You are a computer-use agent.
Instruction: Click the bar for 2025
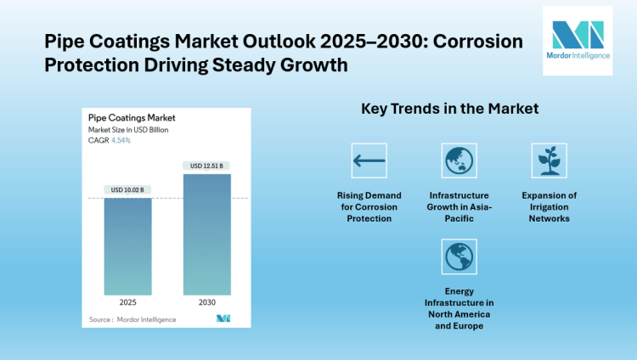point(128,245)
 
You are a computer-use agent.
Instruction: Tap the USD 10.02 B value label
point(128,189)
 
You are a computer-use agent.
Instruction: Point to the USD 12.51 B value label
point(206,166)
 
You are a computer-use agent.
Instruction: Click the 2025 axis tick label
point(128,302)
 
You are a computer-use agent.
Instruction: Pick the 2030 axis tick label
point(206,302)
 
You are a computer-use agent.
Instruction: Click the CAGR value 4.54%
point(120,140)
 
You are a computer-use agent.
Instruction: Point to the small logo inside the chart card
point(223,318)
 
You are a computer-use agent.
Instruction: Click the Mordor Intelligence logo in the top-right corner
point(578,40)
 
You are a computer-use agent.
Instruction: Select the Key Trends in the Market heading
point(450,110)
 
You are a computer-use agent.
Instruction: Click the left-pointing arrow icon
point(369,160)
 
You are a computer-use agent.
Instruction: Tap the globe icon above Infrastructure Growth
point(459,160)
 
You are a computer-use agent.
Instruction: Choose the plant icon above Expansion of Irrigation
point(549,160)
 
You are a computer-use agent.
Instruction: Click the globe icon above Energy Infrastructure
point(459,256)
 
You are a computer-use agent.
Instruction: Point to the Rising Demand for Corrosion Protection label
point(369,206)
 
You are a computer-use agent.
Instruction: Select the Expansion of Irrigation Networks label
point(549,206)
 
